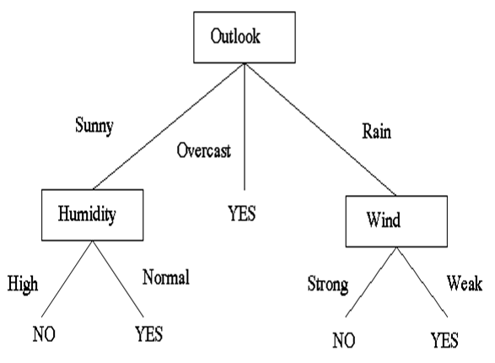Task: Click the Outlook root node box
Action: [245, 37]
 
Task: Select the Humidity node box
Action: [93, 214]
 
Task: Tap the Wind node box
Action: [396, 221]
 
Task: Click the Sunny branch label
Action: [94, 126]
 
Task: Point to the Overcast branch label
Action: [203, 150]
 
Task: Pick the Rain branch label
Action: [376, 131]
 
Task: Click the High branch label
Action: [23, 284]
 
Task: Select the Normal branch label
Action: [166, 277]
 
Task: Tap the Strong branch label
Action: [328, 284]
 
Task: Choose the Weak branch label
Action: [465, 283]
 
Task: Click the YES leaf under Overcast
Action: [242, 213]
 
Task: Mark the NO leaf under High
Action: [44, 334]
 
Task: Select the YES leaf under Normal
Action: [149, 334]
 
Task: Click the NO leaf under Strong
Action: [344, 340]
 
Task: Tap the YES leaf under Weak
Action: [444, 340]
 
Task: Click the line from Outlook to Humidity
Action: [169, 127]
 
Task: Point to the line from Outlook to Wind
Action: [320, 129]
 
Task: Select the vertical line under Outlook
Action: [245, 127]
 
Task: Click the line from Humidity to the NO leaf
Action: [67, 279]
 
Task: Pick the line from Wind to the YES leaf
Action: [422, 282]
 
